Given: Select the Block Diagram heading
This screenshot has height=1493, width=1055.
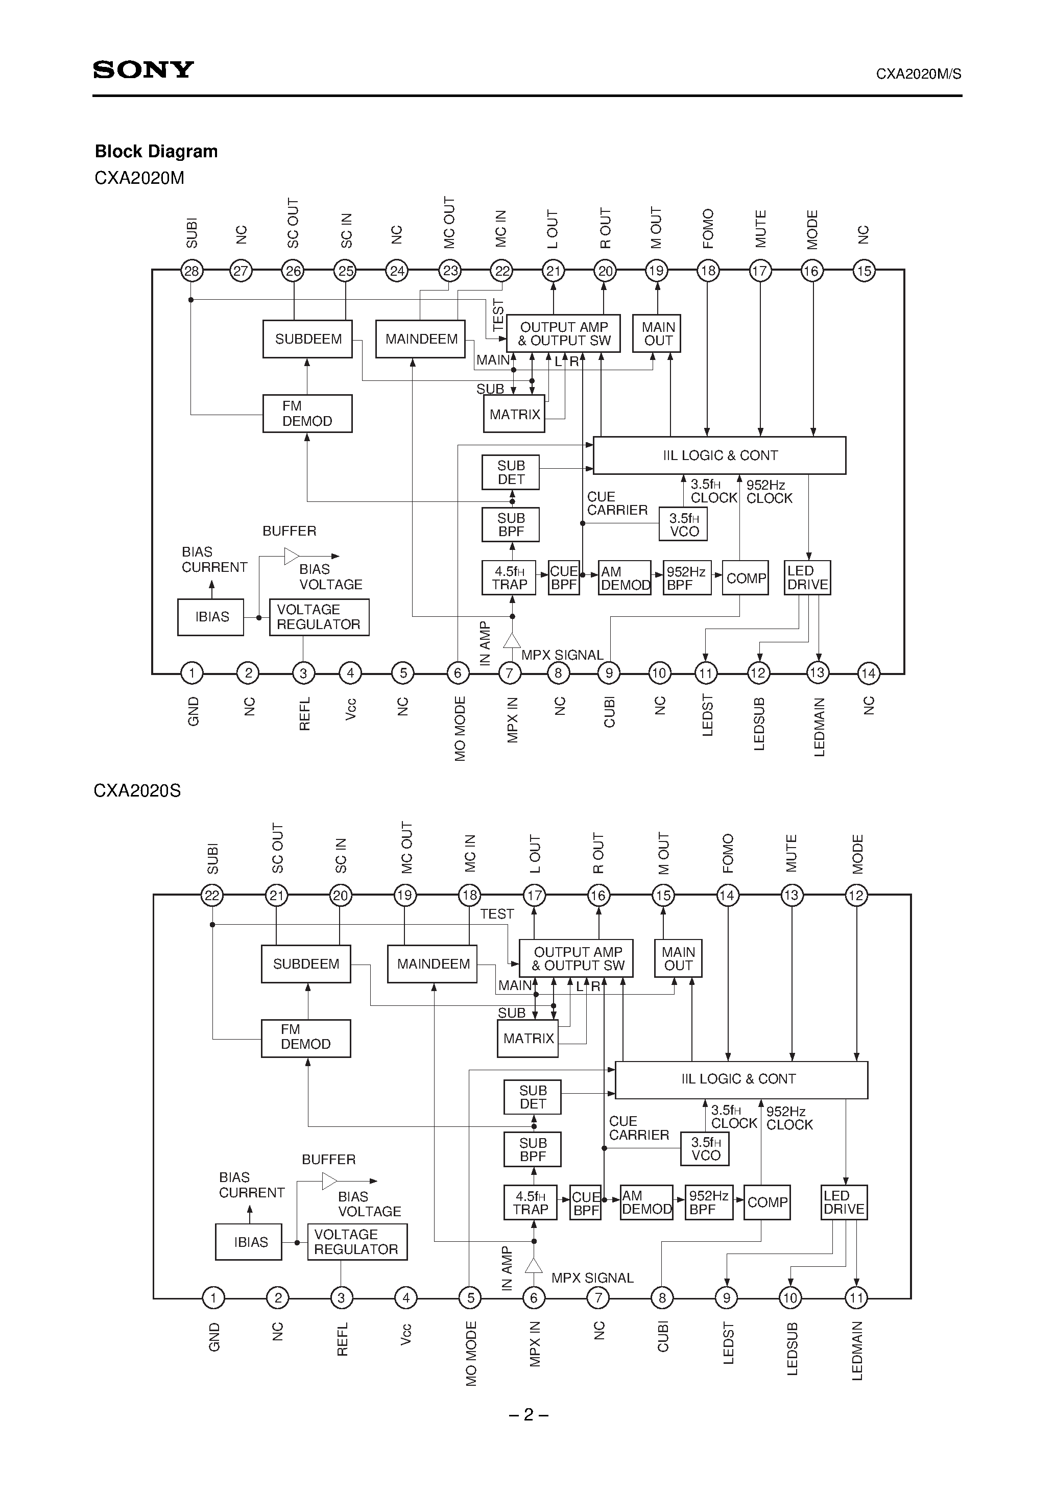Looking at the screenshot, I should tap(156, 152).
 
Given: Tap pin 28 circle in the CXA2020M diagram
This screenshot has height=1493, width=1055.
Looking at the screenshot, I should tap(191, 271).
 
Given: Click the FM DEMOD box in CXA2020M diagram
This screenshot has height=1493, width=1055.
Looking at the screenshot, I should tap(307, 414).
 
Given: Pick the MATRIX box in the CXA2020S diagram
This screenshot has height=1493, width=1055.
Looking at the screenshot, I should tap(528, 1039).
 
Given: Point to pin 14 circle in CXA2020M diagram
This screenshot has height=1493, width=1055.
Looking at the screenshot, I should tap(868, 673).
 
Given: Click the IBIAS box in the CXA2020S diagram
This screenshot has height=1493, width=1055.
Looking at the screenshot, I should tap(250, 1242).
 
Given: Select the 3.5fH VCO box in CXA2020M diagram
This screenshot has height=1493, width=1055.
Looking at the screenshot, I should tap(684, 524).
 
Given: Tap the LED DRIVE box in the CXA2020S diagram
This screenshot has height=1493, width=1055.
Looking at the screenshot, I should tap(844, 1202).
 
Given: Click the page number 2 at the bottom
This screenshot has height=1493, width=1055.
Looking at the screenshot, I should tap(528, 1414).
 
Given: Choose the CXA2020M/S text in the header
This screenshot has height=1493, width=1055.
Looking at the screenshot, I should tap(918, 74).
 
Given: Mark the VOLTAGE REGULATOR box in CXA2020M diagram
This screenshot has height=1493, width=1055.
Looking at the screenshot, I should tap(319, 617).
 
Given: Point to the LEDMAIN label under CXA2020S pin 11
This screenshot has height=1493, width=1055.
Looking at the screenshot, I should tap(857, 1351).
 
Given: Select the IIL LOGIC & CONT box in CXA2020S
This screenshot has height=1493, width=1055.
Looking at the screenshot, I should tap(741, 1079).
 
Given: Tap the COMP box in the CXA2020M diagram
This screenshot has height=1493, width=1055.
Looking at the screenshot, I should tap(746, 578).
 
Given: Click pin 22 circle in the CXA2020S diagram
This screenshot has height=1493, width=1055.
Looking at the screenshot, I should tap(212, 896).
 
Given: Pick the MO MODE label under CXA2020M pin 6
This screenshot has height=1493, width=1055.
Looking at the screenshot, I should tap(460, 728).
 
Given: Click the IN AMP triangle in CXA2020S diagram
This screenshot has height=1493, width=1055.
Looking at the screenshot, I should tap(533, 1265).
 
